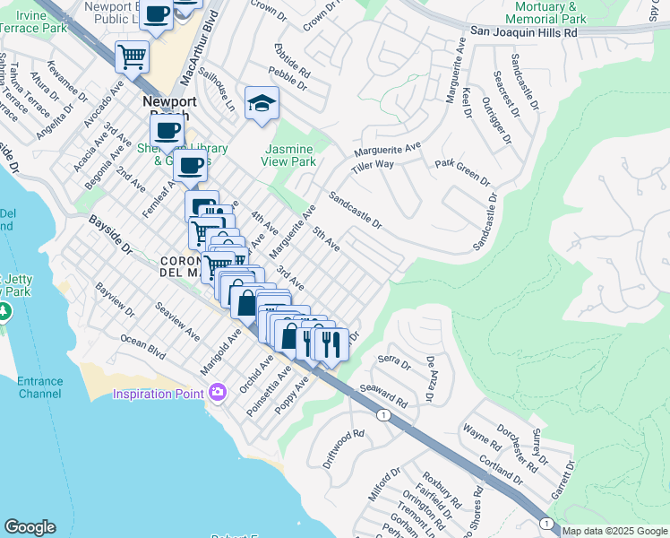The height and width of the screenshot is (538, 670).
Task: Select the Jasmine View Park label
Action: pos(288,155)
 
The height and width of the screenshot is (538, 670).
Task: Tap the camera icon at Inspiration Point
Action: pos(217,393)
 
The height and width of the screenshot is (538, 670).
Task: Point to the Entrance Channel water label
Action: pos(39,387)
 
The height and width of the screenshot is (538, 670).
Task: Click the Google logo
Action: pos(30,527)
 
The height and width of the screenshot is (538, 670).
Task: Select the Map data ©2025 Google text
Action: pos(614,531)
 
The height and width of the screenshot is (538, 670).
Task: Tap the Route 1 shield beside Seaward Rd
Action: pos(383,415)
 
